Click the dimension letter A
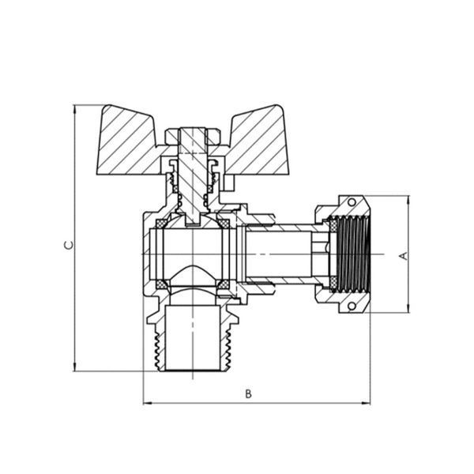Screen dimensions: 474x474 (x=404, y=256)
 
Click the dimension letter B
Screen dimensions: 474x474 (x=248, y=394)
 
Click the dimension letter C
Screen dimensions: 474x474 (x=69, y=245)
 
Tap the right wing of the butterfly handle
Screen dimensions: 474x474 (x=257, y=141)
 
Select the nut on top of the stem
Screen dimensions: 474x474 (x=193, y=137)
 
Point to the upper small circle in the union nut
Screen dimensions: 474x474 (x=352, y=202)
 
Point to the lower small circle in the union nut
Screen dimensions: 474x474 (x=352, y=307)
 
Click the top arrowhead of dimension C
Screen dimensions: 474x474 (x=74, y=110)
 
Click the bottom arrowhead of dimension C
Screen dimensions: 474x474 (x=74, y=367)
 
